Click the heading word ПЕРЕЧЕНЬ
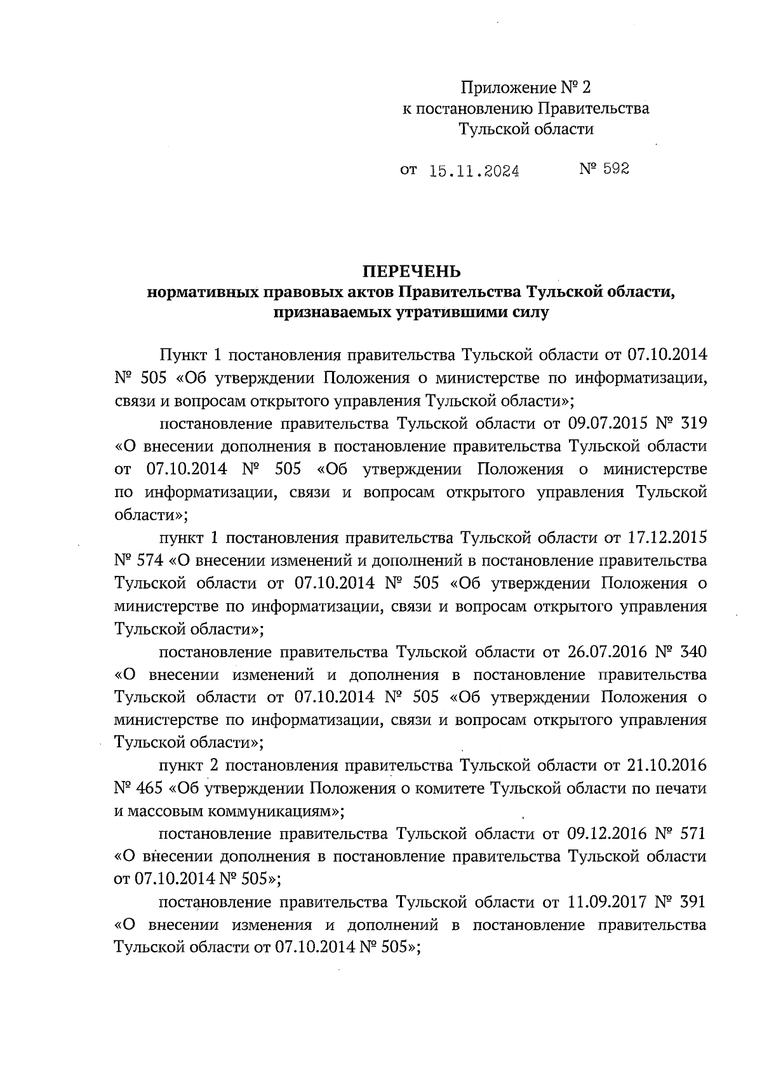(x=411, y=272)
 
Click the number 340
(x=693, y=652)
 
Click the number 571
(x=693, y=833)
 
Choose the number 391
(x=693, y=902)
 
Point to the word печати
(x=683, y=789)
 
